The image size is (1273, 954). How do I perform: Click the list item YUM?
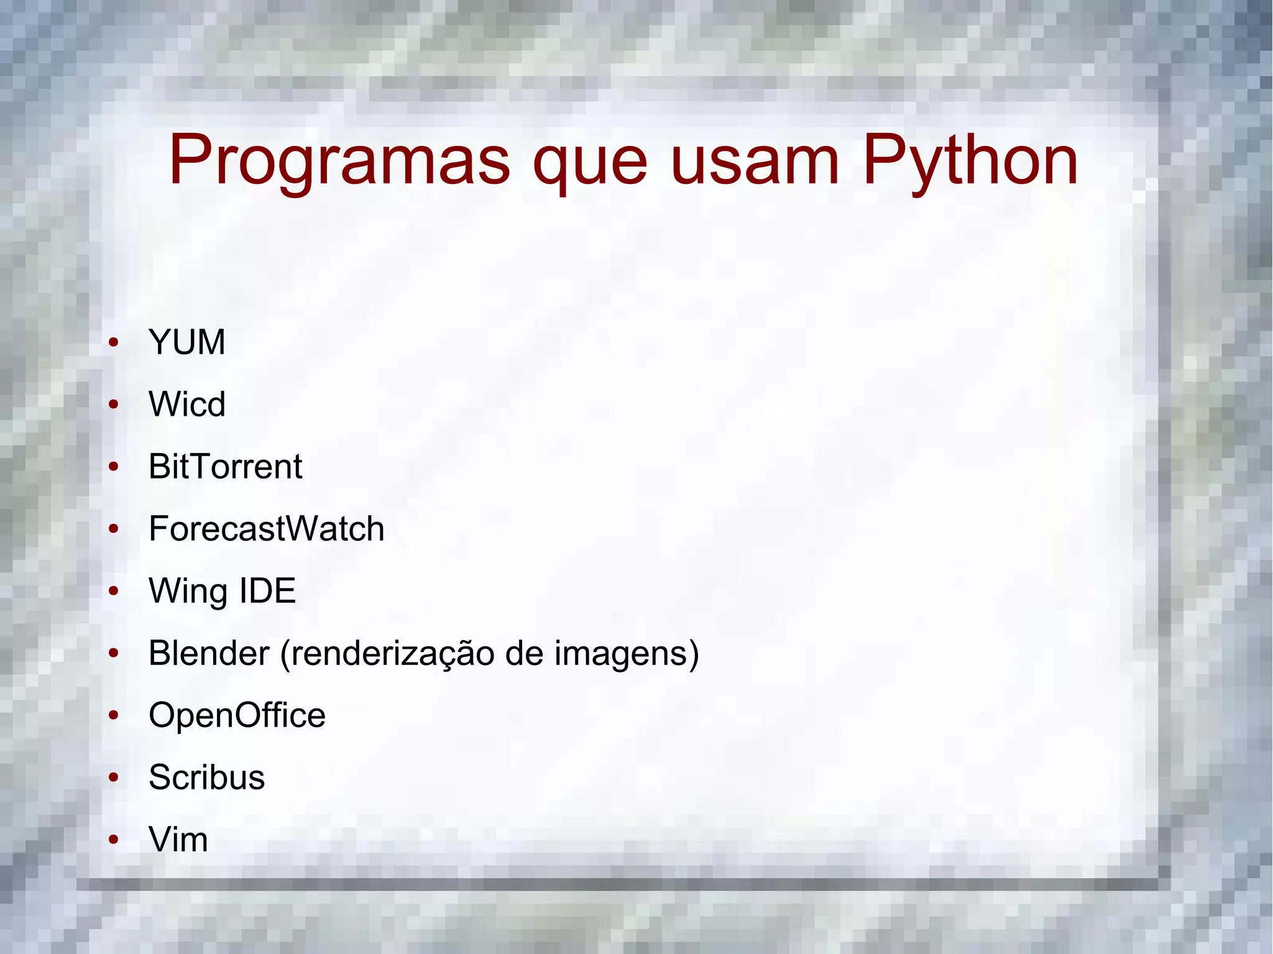186,342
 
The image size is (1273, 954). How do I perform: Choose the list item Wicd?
186,405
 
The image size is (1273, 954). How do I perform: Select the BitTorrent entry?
225,467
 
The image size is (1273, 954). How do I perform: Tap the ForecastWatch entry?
266,529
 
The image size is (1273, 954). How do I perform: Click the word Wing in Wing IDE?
186,592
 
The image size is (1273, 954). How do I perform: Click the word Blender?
209,653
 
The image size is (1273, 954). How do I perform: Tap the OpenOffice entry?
237,715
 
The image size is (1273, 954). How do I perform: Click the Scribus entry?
206,777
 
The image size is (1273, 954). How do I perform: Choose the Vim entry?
178,840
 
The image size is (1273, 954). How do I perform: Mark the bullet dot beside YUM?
113,342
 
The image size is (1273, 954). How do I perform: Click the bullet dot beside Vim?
113,840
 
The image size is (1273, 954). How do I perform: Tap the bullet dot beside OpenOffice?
113,715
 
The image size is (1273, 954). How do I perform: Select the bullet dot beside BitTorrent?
113,467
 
